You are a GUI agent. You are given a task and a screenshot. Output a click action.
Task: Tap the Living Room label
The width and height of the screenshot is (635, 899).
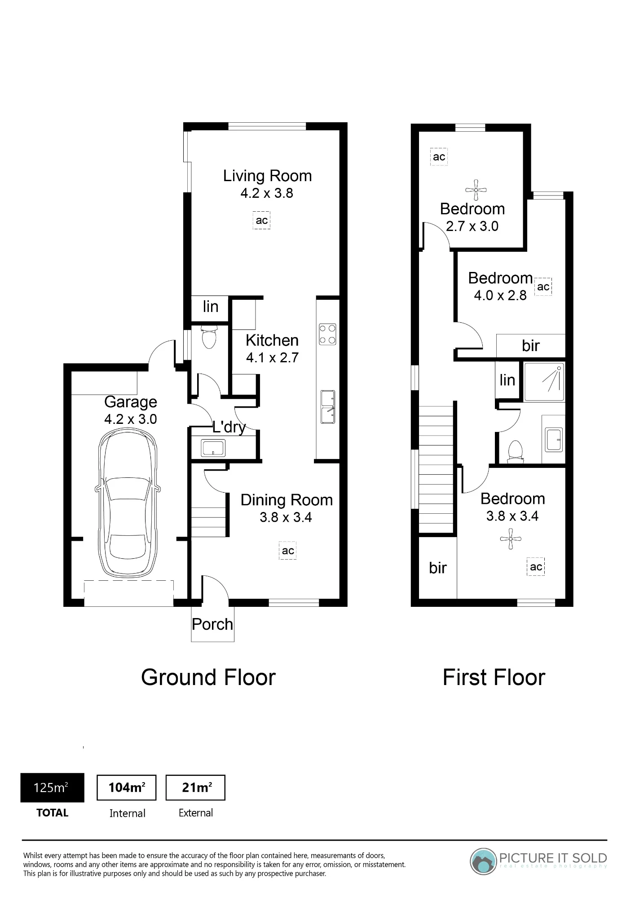point(268,176)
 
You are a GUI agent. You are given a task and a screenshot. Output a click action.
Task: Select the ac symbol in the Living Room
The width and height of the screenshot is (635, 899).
point(262,220)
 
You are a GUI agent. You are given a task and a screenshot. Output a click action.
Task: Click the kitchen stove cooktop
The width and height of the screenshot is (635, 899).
point(327,334)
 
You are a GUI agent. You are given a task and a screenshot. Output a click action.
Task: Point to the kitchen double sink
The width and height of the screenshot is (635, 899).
point(328,407)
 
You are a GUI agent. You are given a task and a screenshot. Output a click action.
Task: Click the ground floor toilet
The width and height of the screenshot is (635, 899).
point(209,337)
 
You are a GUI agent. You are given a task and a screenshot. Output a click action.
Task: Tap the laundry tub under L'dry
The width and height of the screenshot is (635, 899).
point(213,448)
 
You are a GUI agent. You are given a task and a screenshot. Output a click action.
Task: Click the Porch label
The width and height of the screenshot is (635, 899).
point(212,624)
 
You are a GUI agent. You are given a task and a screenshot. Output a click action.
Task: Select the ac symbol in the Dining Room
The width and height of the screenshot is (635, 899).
point(288,551)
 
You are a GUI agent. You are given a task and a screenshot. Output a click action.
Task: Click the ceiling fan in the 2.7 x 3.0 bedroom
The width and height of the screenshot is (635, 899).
point(476,190)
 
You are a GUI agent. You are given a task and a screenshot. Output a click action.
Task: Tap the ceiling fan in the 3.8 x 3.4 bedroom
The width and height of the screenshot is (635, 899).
point(511,539)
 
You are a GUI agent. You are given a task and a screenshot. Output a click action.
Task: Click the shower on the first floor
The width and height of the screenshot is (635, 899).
point(544,382)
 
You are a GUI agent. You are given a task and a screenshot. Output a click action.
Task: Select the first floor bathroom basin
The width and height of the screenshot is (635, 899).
point(554,440)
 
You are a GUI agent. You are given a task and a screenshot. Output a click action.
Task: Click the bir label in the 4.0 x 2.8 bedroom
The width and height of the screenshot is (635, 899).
point(531,346)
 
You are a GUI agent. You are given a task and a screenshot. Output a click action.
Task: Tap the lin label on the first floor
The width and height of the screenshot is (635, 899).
point(507,380)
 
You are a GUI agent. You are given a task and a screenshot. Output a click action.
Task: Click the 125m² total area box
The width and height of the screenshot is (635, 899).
point(52,788)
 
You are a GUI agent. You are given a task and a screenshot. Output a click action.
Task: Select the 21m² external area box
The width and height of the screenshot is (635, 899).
point(195,788)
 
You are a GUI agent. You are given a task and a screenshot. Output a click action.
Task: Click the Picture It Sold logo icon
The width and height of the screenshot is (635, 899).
point(483,861)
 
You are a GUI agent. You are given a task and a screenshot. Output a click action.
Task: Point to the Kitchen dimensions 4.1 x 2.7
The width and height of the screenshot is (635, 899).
point(272,357)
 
